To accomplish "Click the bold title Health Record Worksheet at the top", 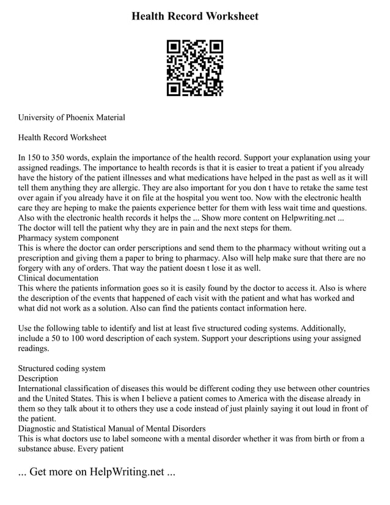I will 195,17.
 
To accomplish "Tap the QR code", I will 195,68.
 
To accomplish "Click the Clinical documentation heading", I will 58,278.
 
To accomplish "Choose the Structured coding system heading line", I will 62,368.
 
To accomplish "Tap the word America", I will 238,398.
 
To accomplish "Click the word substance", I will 37,448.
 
